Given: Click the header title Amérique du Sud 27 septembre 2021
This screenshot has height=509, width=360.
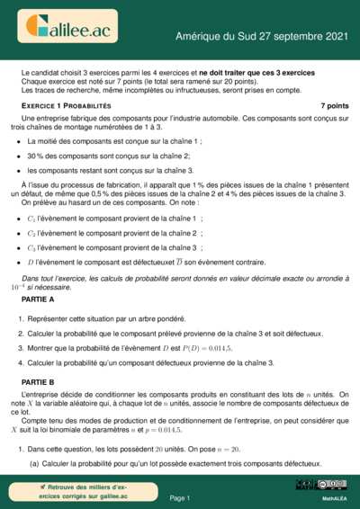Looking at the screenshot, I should [261, 36].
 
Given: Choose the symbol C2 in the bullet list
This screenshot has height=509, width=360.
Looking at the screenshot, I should [32, 232].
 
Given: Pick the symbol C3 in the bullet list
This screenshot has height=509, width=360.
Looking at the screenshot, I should [32, 246].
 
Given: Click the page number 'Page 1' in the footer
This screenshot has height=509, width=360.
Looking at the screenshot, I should [179, 497].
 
